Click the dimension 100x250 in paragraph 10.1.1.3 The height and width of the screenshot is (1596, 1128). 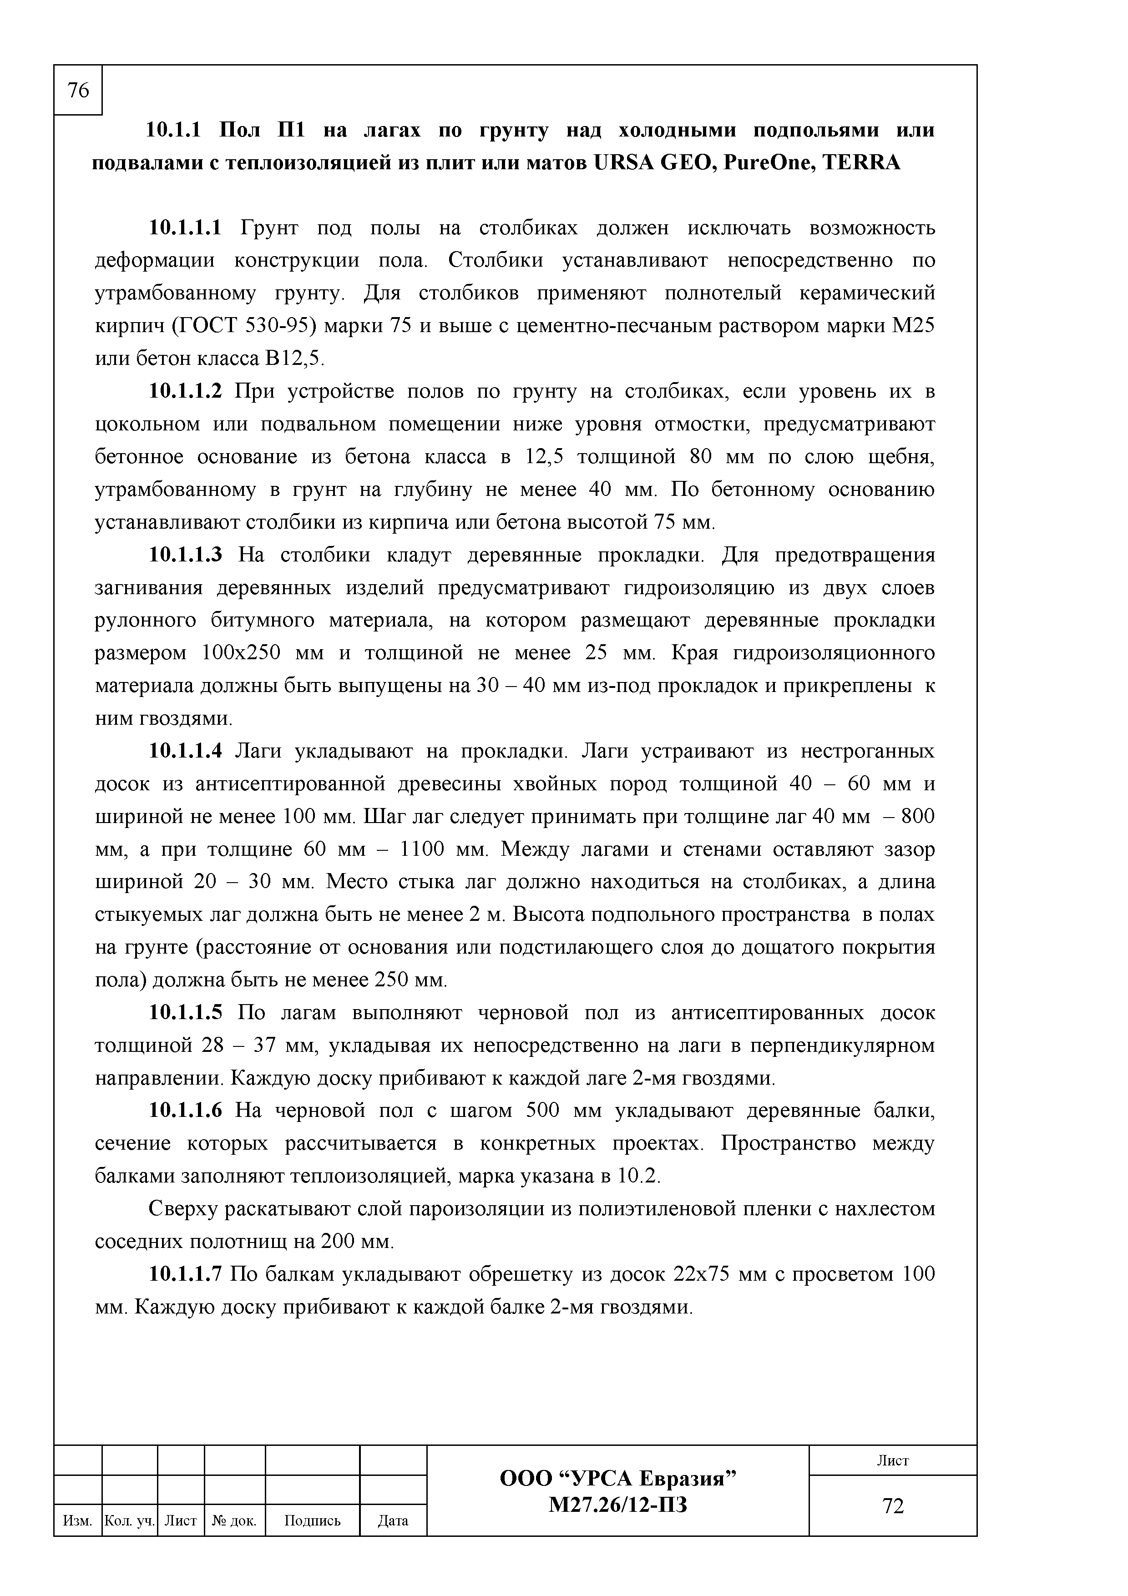(240, 653)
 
